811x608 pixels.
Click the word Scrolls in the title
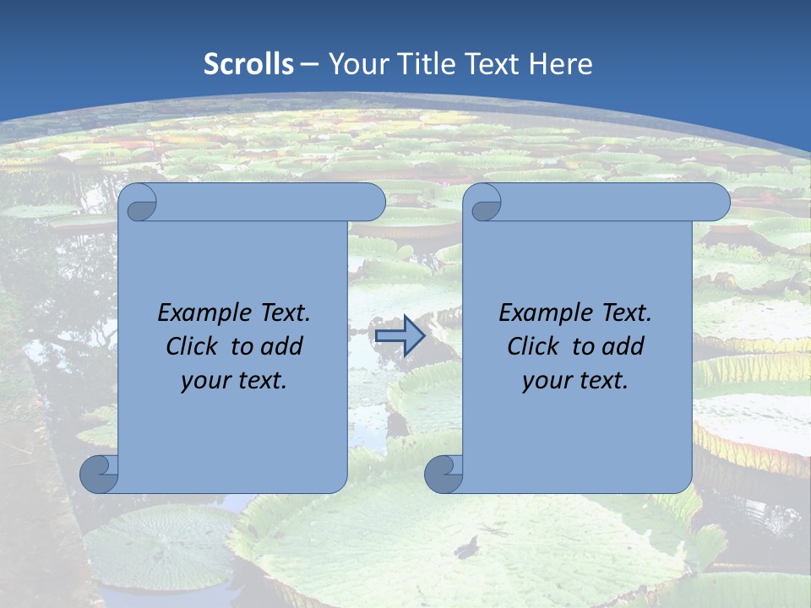[x=249, y=64]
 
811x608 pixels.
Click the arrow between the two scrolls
[x=400, y=336]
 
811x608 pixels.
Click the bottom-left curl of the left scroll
[x=100, y=474]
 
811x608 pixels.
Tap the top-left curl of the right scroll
[x=483, y=203]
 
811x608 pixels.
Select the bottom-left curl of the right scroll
[x=444, y=474]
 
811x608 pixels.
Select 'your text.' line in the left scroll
[x=234, y=381]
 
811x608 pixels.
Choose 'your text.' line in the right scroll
[x=575, y=381]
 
